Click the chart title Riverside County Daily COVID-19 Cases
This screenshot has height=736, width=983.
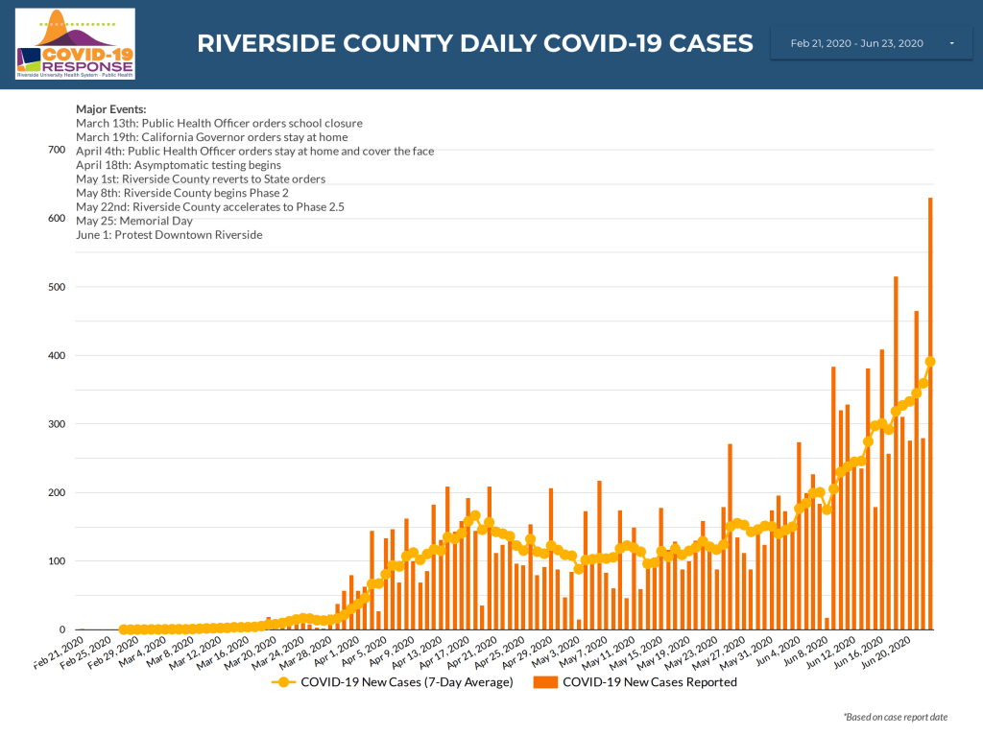point(474,43)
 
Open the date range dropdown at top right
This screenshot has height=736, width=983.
point(872,43)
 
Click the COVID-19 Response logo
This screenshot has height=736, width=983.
point(76,43)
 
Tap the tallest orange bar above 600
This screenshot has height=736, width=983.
point(930,413)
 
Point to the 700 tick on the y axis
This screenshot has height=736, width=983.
point(56,151)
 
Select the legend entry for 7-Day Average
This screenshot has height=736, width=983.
point(396,682)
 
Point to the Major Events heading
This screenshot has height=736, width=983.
point(110,108)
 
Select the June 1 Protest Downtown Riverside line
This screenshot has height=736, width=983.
point(168,235)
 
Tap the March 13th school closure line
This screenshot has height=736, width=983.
point(219,123)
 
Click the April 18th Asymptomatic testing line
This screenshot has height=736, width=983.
point(178,165)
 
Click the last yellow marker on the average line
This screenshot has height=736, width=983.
point(930,362)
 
